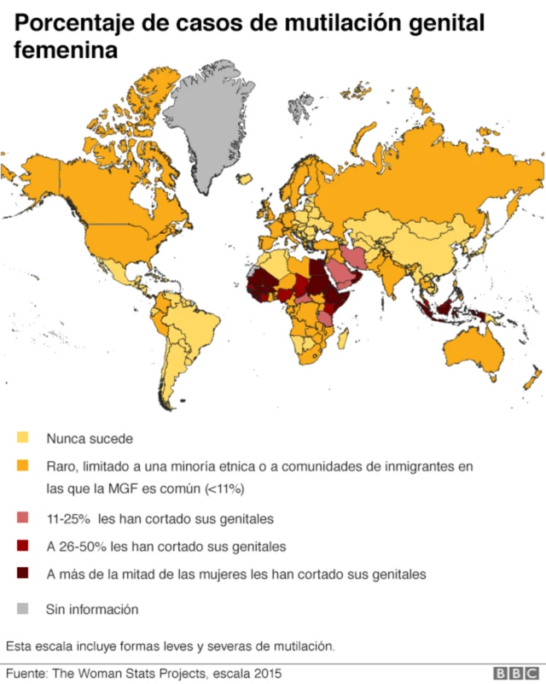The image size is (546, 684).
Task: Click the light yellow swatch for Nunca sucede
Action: [x=24, y=439]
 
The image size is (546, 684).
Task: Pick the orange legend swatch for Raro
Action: [x=24, y=467]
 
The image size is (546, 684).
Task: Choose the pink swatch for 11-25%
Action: [x=24, y=518]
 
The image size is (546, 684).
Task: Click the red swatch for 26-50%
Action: [x=24, y=546]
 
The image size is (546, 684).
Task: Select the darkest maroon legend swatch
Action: [x=24, y=574]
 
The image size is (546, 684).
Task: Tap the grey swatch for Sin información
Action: [x=24, y=609]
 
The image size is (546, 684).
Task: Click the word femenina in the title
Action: [x=64, y=51]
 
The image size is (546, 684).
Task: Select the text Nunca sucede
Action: [x=90, y=439]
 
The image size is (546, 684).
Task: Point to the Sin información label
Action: [x=92, y=609]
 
